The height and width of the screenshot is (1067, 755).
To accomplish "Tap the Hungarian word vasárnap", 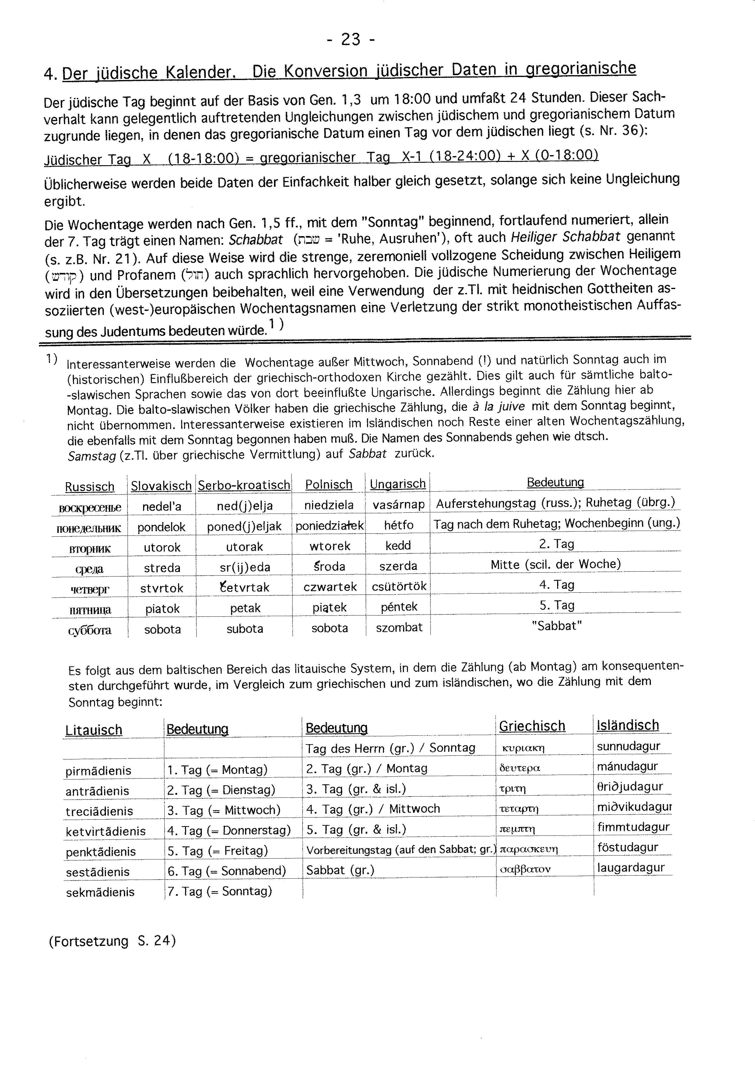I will pos(399,505).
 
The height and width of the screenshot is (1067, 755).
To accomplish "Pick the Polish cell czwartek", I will pos(330,587).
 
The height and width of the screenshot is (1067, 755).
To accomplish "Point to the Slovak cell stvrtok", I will pos(162,588).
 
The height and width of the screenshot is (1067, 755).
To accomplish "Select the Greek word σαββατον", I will pos(525,870).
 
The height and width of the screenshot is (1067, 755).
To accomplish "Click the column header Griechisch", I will pos(532,726).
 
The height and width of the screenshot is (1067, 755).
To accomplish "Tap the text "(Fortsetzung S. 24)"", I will pos(112,941).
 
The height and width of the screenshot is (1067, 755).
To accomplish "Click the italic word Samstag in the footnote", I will pos(92,456).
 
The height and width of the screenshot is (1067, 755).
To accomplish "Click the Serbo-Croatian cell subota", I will pos(244,629).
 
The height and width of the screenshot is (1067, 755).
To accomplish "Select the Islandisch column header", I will pos(628,725).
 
